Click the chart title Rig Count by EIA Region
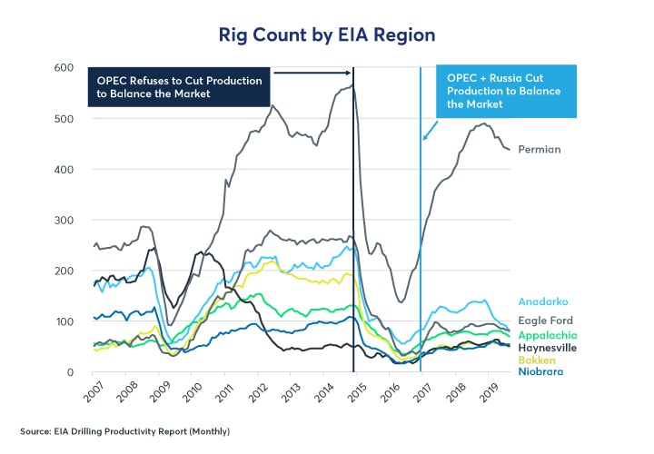326,35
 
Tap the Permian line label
539,149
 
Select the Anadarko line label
544,301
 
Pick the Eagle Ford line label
546,320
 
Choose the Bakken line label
537,360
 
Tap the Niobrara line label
540,372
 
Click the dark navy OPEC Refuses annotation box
180,87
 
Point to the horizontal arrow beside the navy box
312,73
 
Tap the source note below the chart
125,430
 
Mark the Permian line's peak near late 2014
352,84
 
